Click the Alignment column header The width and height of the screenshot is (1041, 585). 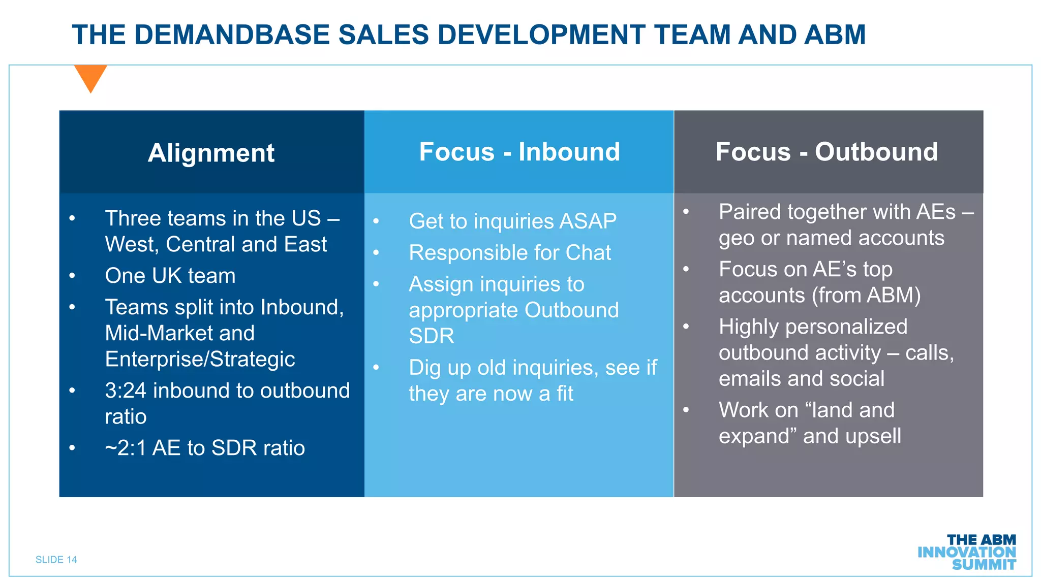(x=211, y=153)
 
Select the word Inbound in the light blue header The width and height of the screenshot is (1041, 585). (x=569, y=152)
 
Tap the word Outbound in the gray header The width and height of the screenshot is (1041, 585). (x=876, y=152)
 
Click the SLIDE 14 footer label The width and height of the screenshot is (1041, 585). (x=56, y=560)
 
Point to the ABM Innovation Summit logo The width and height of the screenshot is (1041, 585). (x=967, y=552)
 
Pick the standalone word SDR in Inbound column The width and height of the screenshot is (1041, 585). (x=432, y=336)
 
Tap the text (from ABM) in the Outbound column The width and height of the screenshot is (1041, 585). (x=866, y=296)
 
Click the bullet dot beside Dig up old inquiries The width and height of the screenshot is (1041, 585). (x=376, y=367)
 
